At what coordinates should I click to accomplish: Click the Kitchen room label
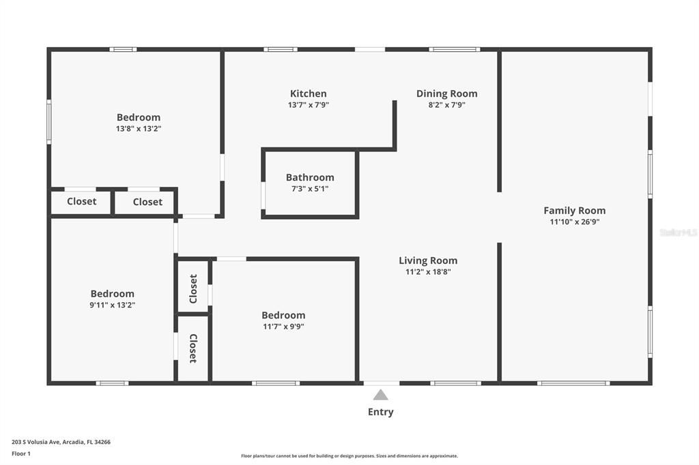[308, 93]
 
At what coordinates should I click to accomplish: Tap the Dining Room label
[446, 93]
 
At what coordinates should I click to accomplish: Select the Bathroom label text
[310, 177]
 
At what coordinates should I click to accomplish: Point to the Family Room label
[574, 210]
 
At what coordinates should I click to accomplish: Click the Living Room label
[428, 260]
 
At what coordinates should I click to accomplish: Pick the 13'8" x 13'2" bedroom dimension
[139, 128]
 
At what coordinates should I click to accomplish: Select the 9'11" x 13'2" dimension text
[113, 305]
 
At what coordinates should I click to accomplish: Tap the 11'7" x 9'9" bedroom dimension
[283, 326]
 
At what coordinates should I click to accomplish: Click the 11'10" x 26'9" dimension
[574, 222]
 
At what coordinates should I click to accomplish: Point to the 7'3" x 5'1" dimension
[310, 189]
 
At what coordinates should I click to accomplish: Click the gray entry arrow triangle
[380, 395]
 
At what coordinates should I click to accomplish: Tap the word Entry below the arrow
[380, 412]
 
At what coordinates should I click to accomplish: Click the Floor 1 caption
[21, 453]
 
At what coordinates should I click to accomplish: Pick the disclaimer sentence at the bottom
[349, 456]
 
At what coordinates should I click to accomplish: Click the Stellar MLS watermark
[678, 232]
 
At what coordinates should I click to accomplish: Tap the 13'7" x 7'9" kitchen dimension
[308, 105]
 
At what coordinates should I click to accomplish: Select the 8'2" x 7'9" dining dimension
[446, 105]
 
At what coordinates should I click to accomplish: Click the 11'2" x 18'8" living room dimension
[428, 271]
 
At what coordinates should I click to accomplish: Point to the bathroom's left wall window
[263, 194]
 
